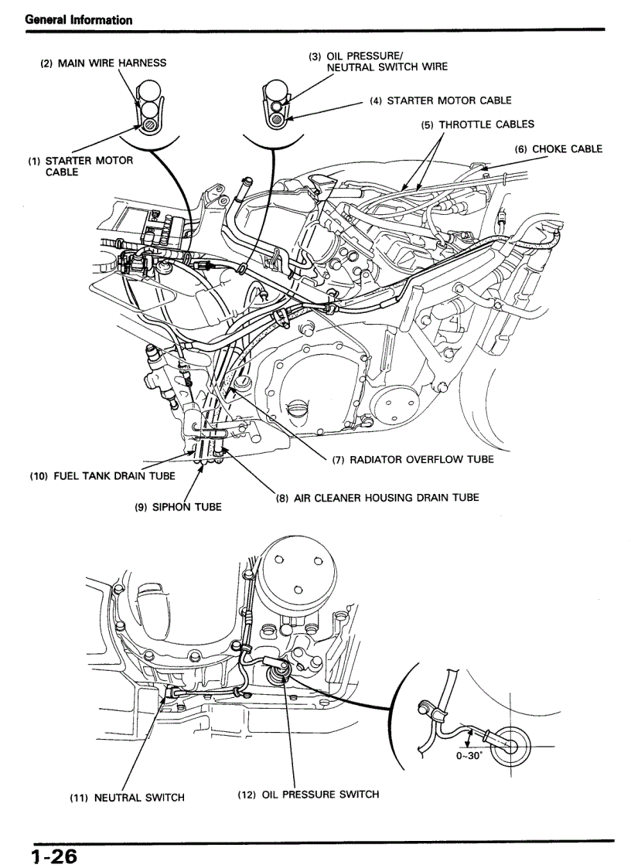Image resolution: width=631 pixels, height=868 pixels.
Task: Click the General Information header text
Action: (x=79, y=20)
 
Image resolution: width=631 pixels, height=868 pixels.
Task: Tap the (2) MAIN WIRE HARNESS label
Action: (x=103, y=63)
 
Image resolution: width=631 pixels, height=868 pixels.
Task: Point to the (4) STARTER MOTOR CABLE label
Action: (x=440, y=100)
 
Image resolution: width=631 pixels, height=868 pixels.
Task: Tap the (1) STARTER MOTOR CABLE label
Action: (x=80, y=166)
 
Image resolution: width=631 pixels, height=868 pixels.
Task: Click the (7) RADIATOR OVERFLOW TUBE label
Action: (x=412, y=459)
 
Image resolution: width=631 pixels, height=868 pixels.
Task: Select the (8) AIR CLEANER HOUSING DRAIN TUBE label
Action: (x=377, y=497)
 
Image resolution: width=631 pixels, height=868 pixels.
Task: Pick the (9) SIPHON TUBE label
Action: (x=178, y=507)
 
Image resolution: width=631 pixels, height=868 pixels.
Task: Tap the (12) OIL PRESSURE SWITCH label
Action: (x=308, y=794)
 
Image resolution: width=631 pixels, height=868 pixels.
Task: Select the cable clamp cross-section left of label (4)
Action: (x=276, y=104)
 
